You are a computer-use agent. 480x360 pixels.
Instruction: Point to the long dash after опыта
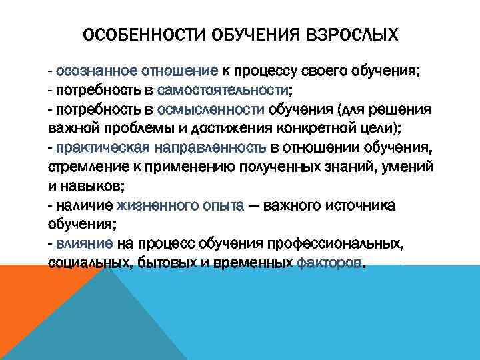pos(254,206)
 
